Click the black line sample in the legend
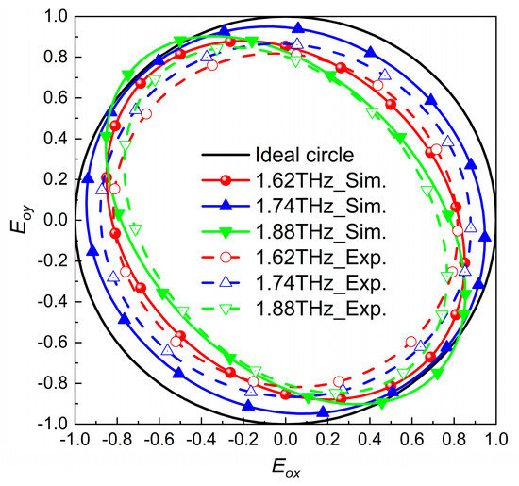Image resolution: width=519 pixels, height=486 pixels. click(223, 155)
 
